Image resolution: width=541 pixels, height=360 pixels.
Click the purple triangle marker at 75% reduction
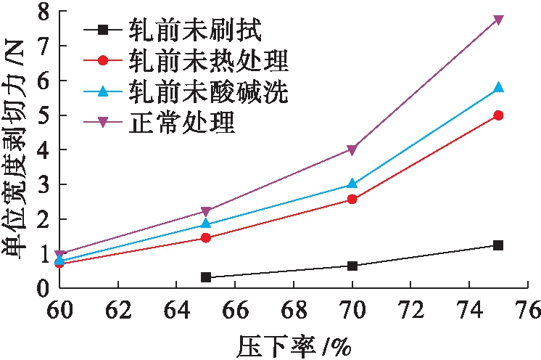point(498,20)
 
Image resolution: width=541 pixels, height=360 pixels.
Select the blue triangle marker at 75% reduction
point(498,88)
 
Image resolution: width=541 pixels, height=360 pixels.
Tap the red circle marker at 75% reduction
point(498,115)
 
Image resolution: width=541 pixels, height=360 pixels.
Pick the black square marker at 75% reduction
point(498,245)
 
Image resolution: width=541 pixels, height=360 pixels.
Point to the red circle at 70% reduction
point(352,199)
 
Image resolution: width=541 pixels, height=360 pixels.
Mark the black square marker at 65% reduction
point(206,277)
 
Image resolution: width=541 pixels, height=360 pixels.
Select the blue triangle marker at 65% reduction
point(206,224)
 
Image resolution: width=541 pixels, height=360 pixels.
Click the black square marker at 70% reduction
point(352,266)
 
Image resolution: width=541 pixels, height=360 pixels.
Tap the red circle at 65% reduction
point(206,237)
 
